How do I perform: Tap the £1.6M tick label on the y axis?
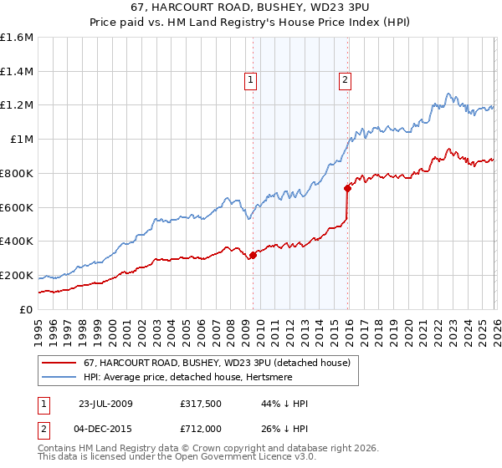[17, 38]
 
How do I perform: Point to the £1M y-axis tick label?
[21, 140]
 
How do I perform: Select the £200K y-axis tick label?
[17, 275]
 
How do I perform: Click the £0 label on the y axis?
[25, 309]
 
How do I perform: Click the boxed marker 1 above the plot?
[250, 80]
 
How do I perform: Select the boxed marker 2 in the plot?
[345, 80]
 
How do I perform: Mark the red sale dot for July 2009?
[253, 256]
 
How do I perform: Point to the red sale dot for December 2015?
[347, 189]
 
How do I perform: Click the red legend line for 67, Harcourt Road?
[59, 363]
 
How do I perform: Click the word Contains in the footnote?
[57, 448]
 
